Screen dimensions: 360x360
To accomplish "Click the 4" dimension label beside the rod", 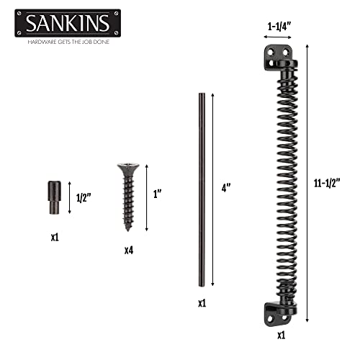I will point(226,187).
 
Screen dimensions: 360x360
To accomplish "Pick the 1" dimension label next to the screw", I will point(158,194).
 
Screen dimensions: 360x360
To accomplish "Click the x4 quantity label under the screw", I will point(127,250).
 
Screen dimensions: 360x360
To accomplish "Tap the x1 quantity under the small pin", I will point(55,235).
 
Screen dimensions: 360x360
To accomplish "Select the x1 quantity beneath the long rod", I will point(202,303).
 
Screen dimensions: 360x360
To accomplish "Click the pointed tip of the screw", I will point(127,229).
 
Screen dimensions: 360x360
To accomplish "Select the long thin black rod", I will point(202,187).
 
